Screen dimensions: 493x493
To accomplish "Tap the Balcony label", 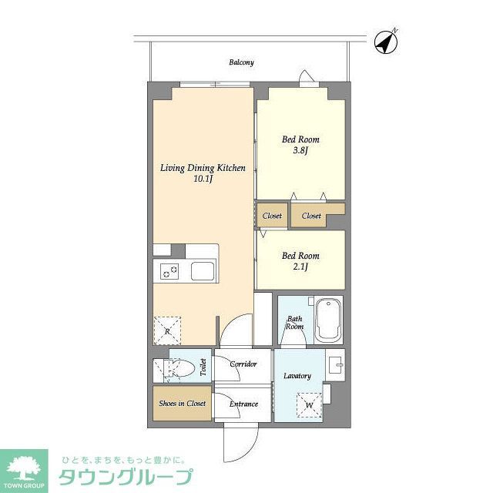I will [241, 62].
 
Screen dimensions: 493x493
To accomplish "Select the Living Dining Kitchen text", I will [203, 167].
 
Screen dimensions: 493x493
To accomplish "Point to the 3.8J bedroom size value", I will [300, 151].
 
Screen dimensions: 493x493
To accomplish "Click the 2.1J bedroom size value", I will [300, 267].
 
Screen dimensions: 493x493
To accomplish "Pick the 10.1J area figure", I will [203, 179].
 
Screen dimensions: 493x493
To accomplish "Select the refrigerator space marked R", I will [167, 330].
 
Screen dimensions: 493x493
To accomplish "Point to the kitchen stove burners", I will [169, 270].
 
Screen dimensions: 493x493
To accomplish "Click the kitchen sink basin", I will [203, 271].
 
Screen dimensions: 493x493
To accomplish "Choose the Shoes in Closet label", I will [182, 404].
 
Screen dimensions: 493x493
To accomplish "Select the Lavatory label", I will [297, 376].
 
